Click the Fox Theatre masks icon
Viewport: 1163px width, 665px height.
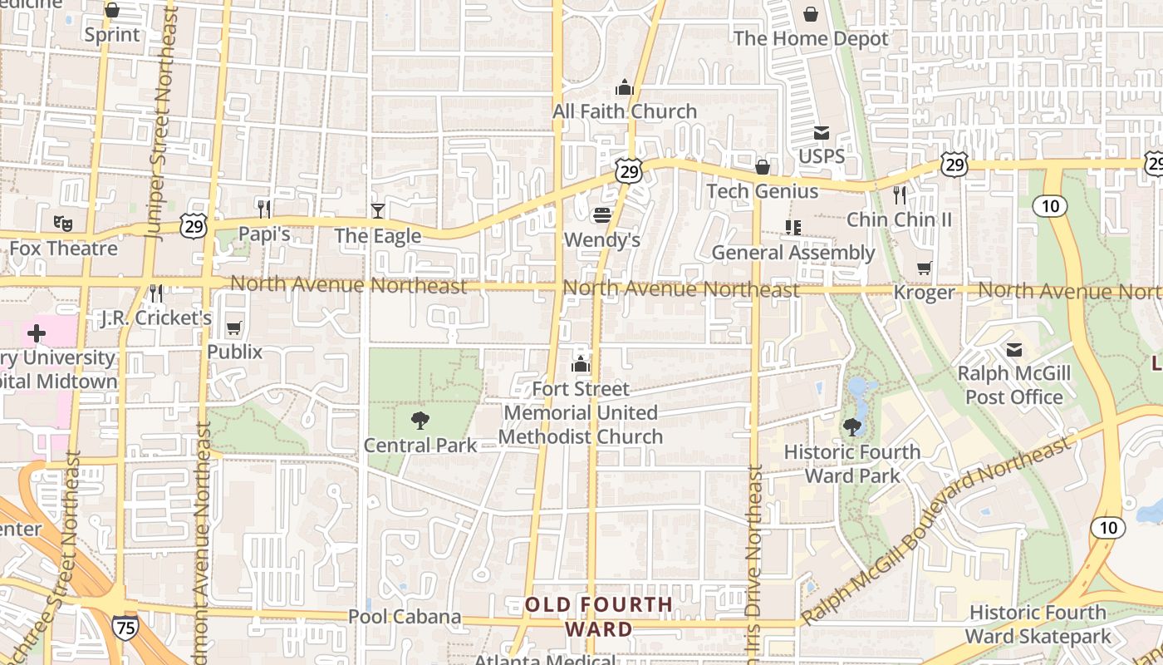62,223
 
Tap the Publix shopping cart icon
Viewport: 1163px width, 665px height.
234,328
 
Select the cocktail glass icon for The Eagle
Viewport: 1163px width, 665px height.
378,211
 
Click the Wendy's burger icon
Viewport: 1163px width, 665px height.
602,216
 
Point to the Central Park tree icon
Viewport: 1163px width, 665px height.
420,421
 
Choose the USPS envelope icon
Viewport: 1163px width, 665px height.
822,132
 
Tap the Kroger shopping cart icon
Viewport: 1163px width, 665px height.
925,268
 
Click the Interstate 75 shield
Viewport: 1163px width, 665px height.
125,628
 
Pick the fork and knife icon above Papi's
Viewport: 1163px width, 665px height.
264,209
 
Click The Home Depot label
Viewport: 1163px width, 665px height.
811,38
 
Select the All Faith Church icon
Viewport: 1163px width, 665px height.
625,86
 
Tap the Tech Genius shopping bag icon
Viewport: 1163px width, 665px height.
763,167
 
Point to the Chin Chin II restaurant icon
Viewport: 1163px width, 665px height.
900,195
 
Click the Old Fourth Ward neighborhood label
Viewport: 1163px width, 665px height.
598,617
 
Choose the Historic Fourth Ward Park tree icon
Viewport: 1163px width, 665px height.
852,427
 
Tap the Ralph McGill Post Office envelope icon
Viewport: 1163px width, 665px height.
1014,349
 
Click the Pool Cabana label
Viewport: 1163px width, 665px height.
405,617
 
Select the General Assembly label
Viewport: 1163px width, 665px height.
793,253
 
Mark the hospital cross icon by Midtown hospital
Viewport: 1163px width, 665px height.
37,333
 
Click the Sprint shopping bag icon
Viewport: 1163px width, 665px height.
112,11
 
